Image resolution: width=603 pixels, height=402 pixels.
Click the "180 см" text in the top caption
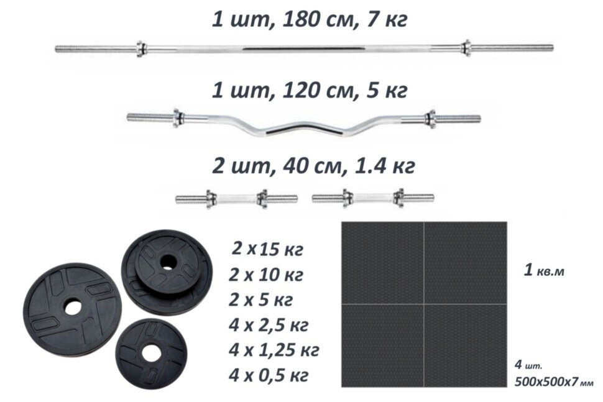tap(317, 19)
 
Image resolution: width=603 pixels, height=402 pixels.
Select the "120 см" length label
tap(317, 90)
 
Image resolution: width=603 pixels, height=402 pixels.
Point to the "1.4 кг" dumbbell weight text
tap(383, 166)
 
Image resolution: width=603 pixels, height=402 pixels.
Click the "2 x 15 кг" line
tap(267, 250)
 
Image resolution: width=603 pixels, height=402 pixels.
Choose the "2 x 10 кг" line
tap(266, 275)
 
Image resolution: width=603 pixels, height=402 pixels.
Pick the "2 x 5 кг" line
tap(260, 300)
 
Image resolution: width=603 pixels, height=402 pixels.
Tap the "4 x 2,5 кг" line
tap(269, 326)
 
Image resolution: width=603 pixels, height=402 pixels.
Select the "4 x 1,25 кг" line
tap(274, 350)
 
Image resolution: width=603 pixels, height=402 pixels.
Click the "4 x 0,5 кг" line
tap(269, 375)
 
